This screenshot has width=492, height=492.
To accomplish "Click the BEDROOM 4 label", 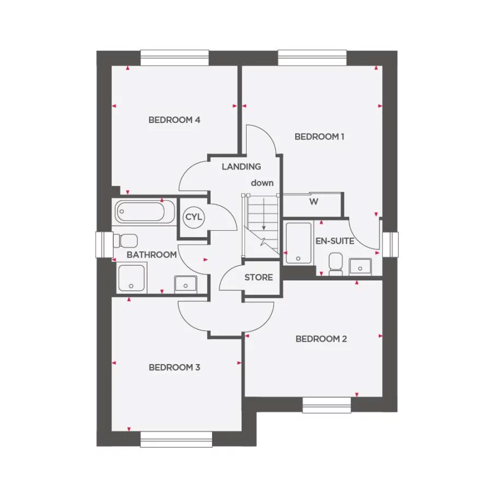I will coord(174,120).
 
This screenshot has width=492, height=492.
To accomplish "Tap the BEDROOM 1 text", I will coord(319,137).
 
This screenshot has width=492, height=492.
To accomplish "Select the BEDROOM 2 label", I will coord(321,339).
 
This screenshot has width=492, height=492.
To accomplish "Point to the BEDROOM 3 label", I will coord(174,367).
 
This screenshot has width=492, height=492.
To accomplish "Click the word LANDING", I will coord(241,167).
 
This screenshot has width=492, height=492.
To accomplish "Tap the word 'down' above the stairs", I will coord(262,183).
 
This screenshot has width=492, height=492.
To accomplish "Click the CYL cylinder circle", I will coord(194,217).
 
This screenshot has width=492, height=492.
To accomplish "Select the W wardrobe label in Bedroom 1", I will coord(313,202).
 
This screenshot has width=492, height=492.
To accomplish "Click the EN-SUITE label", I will coord(335,241).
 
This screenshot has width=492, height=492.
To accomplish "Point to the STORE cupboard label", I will coord(259,277).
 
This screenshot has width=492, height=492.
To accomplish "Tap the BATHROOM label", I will coord(151,255).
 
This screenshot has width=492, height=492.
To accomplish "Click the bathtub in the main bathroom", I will coord(144,212).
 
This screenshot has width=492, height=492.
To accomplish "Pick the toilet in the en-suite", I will coord(336,262).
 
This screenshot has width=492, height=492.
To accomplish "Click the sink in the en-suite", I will coord(360,266).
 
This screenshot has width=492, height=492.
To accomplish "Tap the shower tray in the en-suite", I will coord(298,243).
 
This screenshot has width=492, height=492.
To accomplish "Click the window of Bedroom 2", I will coord(327,405).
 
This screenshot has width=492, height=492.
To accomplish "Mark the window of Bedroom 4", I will coord(174,57).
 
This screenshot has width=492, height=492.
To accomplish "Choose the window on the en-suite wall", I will coord(390,244).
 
